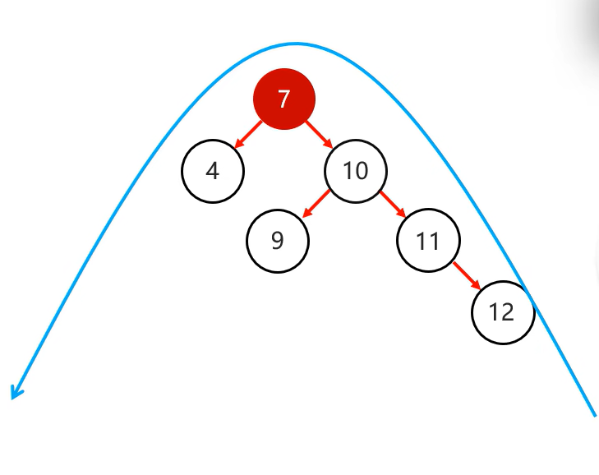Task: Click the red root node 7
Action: (x=283, y=99)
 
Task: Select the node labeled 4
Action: (x=213, y=171)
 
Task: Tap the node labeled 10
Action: (x=356, y=171)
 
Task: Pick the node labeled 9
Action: (x=278, y=241)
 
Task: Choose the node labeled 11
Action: (x=428, y=241)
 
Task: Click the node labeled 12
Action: (x=503, y=312)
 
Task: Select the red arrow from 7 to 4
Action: (x=248, y=135)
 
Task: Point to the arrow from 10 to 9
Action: (x=316, y=204)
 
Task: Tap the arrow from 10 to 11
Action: (x=392, y=204)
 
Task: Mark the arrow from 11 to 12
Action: (x=467, y=276)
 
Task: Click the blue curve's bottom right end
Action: (x=593, y=414)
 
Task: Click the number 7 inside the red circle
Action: (x=283, y=99)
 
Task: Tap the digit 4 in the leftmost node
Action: (x=213, y=171)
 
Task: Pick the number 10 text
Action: (x=356, y=171)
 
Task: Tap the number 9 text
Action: (x=278, y=241)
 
